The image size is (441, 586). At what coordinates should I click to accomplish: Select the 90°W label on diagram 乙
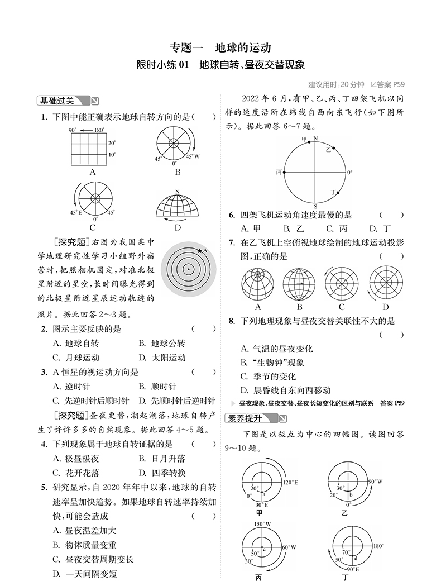point(376,482)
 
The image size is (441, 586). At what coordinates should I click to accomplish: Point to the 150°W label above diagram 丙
point(262,524)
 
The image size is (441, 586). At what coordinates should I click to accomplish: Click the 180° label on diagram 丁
point(378,546)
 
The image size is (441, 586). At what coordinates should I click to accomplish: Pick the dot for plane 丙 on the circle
point(284,173)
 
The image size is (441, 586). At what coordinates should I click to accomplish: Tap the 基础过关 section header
point(61,101)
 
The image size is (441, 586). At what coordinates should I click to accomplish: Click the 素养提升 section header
point(250,418)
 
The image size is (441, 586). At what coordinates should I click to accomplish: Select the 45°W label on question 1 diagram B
point(193,157)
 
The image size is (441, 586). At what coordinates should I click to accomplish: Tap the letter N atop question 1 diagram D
point(177,192)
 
